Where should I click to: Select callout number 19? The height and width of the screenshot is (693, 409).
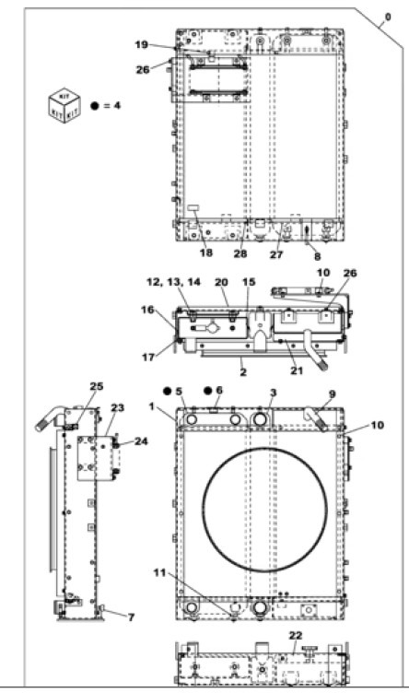tap(142, 44)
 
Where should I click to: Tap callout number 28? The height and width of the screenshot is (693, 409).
tap(240, 253)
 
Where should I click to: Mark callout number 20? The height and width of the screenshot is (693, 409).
tap(221, 282)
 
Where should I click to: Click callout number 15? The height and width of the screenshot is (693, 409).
tap(248, 282)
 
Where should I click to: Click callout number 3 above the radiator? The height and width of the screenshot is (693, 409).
tap(273, 393)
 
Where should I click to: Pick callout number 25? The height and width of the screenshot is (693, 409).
tap(97, 385)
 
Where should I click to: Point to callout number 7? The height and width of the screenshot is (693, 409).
tap(130, 616)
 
